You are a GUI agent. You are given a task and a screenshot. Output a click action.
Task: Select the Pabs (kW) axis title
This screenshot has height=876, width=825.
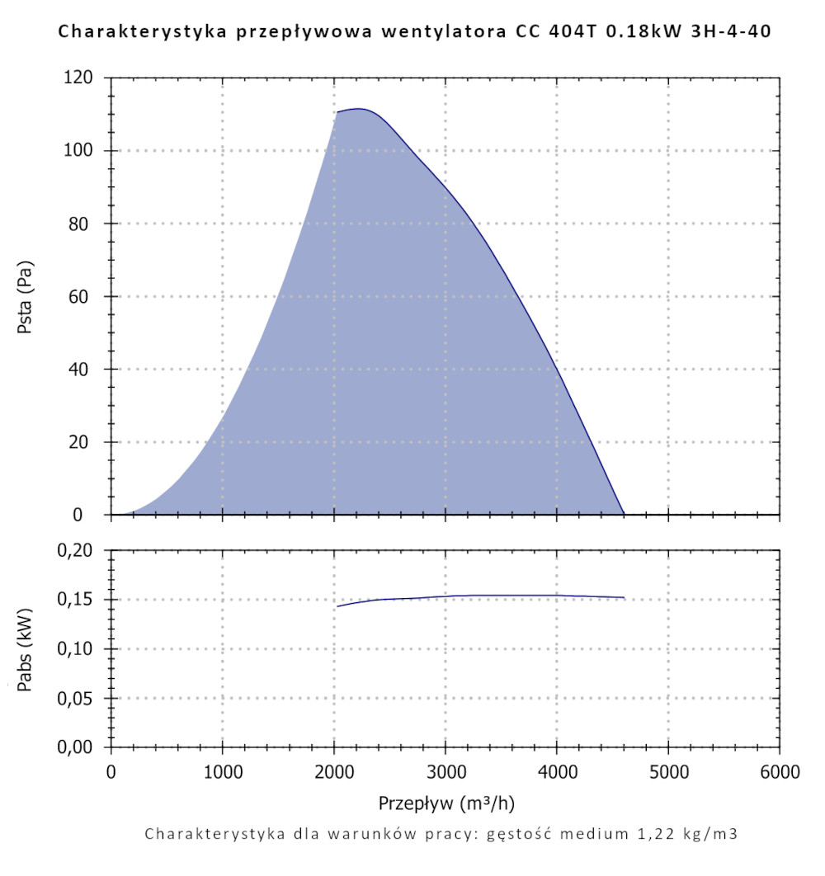coord(26,649)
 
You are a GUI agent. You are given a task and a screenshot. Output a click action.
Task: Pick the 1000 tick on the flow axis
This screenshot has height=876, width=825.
coord(223,772)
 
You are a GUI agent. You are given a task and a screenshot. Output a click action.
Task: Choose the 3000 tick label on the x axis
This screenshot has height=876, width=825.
coord(445,772)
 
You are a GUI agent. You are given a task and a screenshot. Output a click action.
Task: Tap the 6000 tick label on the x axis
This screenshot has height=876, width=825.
coord(780,772)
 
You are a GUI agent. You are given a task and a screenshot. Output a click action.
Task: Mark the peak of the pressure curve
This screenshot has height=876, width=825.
coord(359,109)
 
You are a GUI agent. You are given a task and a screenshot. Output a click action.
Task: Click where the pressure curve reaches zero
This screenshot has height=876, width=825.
coord(624,514)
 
